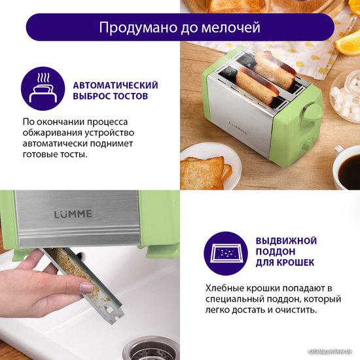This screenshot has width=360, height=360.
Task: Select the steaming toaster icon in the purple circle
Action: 43,88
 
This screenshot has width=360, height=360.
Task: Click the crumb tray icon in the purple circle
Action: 226,253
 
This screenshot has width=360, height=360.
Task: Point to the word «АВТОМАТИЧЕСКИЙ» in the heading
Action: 115,85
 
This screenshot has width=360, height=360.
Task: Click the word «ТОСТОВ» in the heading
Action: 130,96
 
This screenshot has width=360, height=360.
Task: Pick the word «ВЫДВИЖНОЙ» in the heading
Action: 286,241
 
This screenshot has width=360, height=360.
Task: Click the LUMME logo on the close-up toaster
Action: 73,214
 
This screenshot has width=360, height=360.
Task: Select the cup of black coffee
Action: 346,168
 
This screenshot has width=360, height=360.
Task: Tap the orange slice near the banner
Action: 348,45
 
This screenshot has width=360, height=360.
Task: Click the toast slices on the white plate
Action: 206,171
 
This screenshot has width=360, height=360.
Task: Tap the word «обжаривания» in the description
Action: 52,133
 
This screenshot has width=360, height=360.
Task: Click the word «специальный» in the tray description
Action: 235,299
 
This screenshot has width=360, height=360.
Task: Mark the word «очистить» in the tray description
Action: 296,310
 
